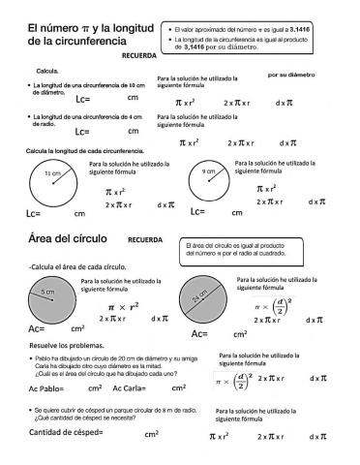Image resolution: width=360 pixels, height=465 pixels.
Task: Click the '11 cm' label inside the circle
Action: click(x=52, y=172)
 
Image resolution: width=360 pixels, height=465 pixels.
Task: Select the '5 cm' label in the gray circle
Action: click(x=46, y=292)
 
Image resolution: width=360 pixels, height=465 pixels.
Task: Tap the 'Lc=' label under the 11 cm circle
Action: click(x=34, y=212)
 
